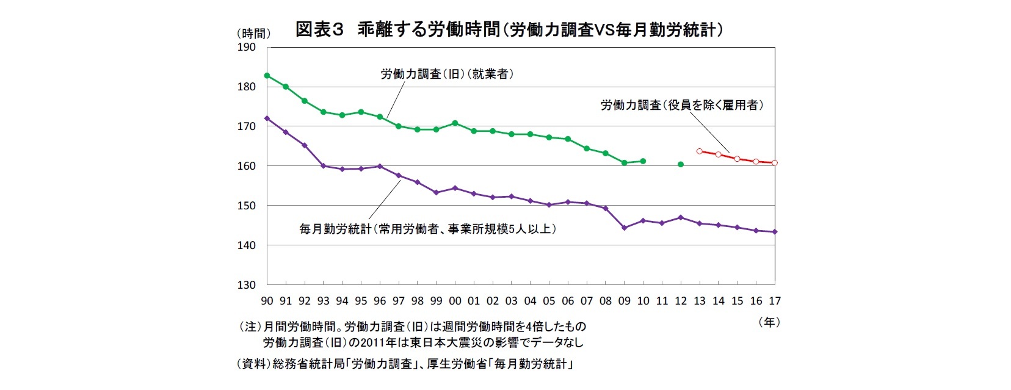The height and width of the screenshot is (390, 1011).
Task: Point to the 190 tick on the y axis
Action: [x=247, y=47]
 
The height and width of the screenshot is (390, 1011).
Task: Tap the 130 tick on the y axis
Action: [x=247, y=284]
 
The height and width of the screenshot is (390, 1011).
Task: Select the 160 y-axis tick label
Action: [x=247, y=166]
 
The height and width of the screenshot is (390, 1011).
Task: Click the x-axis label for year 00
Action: [x=455, y=301]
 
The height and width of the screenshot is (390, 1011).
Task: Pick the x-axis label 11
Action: [x=662, y=301]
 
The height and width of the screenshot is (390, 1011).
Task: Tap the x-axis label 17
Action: [x=775, y=301]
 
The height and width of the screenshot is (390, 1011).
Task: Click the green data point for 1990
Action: [x=267, y=75]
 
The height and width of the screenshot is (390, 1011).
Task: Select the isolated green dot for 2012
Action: [x=681, y=164]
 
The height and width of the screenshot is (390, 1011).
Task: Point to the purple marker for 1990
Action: [x=267, y=118]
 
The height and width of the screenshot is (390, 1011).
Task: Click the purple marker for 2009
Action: [x=624, y=228]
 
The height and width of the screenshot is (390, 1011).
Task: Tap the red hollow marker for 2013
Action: [x=700, y=151]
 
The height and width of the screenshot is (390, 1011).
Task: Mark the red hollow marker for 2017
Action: [x=775, y=163]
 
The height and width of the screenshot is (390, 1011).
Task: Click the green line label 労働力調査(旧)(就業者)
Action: [x=447, y=74]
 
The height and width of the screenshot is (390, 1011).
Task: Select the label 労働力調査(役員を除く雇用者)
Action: [x=682, y=106]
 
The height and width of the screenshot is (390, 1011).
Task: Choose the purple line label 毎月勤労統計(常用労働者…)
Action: [x=427, y=229]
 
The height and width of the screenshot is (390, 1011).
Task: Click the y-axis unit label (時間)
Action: [x=252, y=34]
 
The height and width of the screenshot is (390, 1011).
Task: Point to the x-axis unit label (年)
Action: [x=769, y=322]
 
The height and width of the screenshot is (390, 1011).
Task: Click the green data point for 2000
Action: [x=455, y=123]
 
